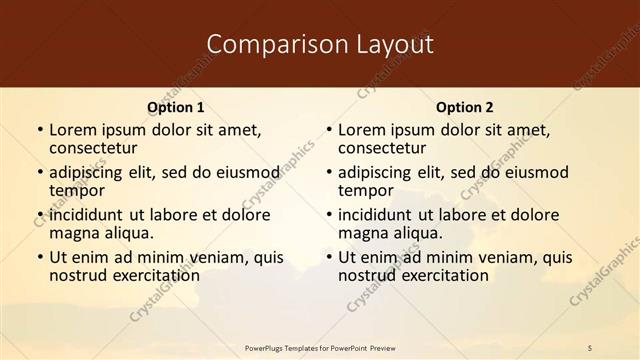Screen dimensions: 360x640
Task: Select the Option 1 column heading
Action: click(x=176, y=107)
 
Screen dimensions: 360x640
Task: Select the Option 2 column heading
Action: click(x=465, y=107)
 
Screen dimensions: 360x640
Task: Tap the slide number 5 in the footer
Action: click(x=590, y=348)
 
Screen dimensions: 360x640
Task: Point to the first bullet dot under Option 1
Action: click(x=39, y=130)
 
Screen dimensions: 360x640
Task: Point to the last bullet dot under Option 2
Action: click(x=328, y=257)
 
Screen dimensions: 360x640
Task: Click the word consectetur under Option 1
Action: click(x=93, y=148)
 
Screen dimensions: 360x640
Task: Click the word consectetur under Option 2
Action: click(x=382, y=148)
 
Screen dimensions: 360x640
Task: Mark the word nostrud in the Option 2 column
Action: click(x=366, y=275)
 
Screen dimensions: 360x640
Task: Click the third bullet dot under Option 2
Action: click(x=328, y=215)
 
